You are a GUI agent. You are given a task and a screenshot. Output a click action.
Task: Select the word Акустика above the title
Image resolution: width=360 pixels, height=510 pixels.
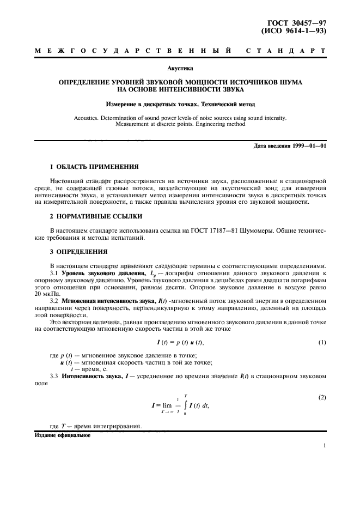180,69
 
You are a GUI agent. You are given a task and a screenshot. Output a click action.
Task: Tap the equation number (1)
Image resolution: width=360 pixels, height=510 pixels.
321,341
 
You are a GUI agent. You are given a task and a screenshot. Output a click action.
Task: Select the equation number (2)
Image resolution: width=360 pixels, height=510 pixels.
321,397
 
